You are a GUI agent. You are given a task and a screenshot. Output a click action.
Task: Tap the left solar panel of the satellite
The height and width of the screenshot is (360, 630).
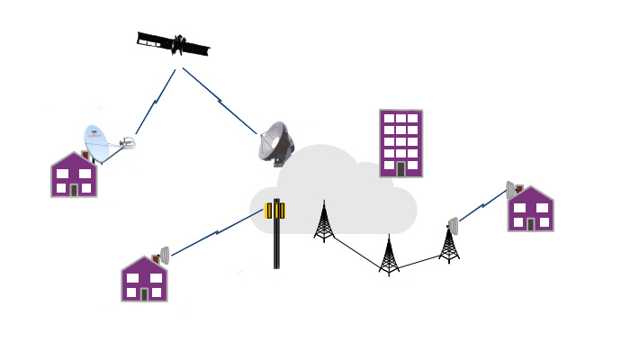[x=154, y=40]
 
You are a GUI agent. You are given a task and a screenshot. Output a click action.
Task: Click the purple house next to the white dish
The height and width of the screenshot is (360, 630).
[x=73, y=175]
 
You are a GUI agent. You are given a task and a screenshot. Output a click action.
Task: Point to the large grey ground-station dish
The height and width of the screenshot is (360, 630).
[x=275, y=143]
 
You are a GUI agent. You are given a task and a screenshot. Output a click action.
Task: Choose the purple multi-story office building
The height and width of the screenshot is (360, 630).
[x=400, y=143]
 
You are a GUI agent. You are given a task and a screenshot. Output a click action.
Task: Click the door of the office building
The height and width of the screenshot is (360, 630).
[x=400, y=169]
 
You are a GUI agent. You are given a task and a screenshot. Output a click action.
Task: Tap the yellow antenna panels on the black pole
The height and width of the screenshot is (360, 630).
[x=275, y=211]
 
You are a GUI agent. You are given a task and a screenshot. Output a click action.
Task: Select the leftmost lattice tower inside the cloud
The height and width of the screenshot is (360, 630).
[x=324, y=222]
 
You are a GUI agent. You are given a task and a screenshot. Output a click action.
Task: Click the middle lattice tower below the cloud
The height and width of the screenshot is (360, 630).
[x=389, y=256]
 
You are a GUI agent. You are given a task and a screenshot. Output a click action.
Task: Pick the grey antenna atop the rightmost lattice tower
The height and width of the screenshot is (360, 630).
[x=453, y=225]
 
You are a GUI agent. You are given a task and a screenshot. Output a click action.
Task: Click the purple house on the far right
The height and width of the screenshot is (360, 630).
[x=531, y=211]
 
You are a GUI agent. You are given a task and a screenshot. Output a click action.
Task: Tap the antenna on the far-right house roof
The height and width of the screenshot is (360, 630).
[x=510, y=190]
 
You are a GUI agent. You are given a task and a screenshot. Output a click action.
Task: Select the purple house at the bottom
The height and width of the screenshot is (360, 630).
[x=144, y=280]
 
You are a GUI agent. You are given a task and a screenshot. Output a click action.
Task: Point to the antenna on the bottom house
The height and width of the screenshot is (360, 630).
[x=164, y=256]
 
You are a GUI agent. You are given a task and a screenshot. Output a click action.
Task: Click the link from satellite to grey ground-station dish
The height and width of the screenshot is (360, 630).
[x=220, y=100]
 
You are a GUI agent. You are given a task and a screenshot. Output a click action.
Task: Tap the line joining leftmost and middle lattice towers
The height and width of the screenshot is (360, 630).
[x=355, y=255]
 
